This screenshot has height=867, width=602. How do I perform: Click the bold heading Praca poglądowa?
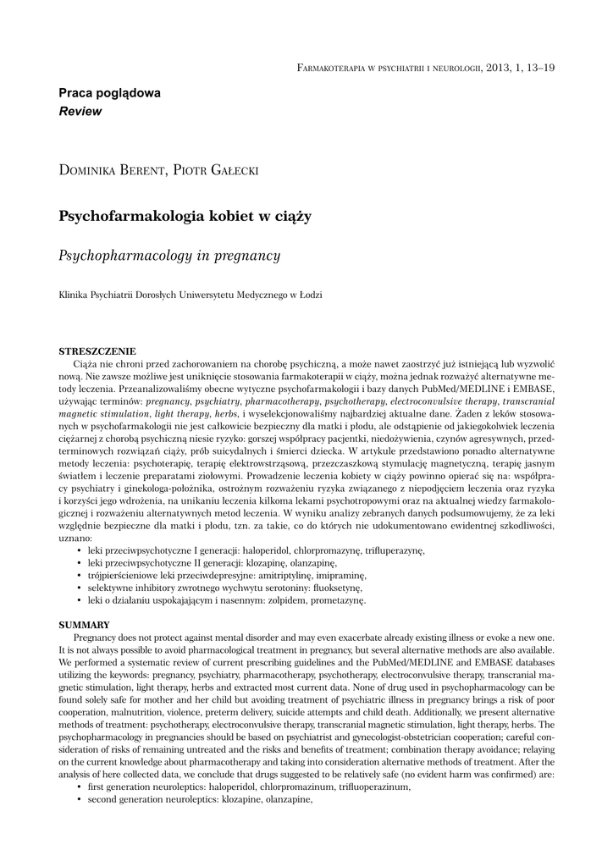pos(109,94)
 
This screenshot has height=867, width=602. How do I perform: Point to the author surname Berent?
pos(142,171)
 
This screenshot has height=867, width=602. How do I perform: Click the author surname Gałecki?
pos(229,171)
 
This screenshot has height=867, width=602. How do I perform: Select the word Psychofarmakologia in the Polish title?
pos(129,217)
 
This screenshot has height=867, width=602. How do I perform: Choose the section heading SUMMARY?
pos(83,624)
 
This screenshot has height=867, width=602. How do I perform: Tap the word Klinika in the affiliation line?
pos(72,295)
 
